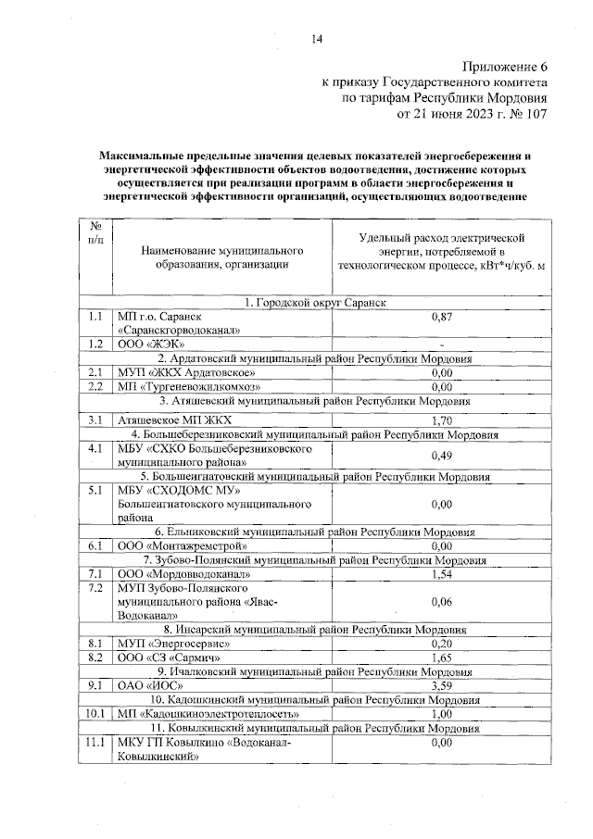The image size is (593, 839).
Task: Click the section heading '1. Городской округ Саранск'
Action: [315, 303]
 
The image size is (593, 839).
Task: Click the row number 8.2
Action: [95, 657]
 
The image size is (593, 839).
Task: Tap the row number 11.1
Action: [95, 743]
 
